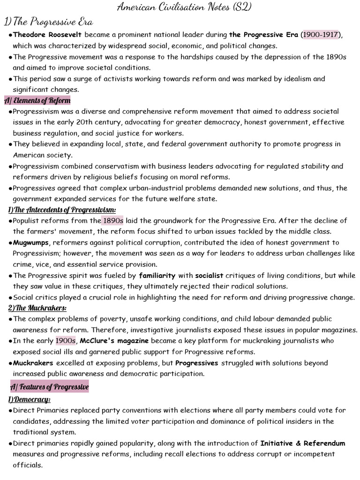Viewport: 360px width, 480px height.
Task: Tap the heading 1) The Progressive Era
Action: [48, 22]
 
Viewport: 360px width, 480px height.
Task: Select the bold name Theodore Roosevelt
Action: [48, 35]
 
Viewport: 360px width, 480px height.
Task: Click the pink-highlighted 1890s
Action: [112, 221]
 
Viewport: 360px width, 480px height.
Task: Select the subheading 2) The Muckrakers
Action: [37, 308]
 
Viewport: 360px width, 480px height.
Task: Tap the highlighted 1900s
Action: [66, 341]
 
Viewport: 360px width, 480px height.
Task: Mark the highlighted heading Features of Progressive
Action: [50, 387]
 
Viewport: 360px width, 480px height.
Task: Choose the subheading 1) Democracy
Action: [29, 399]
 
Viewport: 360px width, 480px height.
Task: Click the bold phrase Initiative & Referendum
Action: [303, 443]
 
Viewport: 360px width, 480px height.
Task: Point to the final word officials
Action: [28, 465]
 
